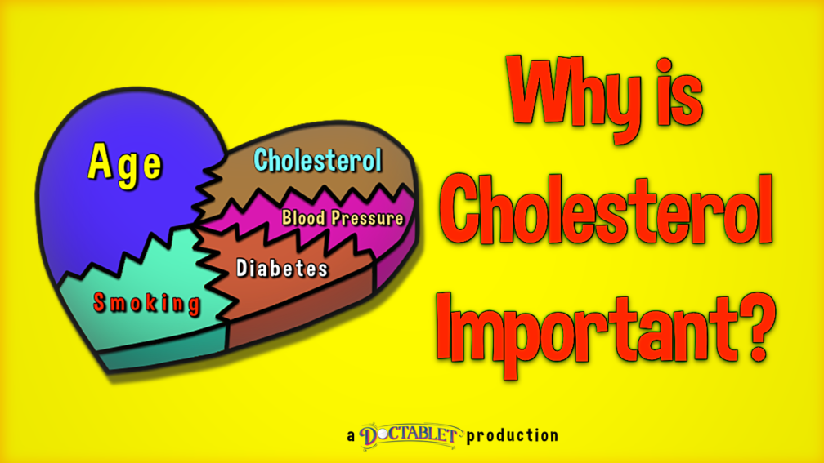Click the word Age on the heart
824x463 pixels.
(x=125, y=165)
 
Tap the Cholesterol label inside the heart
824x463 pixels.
(x=317, y=160)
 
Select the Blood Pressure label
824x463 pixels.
(x=343, y=218)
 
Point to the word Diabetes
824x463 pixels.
(x=282, y=268)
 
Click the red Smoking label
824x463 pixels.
(x=147, y=304)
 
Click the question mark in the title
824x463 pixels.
(x=757, y=327)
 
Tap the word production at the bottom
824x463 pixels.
(x=512, y=436)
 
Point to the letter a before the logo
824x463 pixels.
(x=351, y=436)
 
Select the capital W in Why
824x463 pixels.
(x=542, y=89)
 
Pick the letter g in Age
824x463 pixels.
(x=127, y=170)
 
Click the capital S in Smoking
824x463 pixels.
(x=100, y=302)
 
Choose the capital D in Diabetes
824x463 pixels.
(x=242, y=268)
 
